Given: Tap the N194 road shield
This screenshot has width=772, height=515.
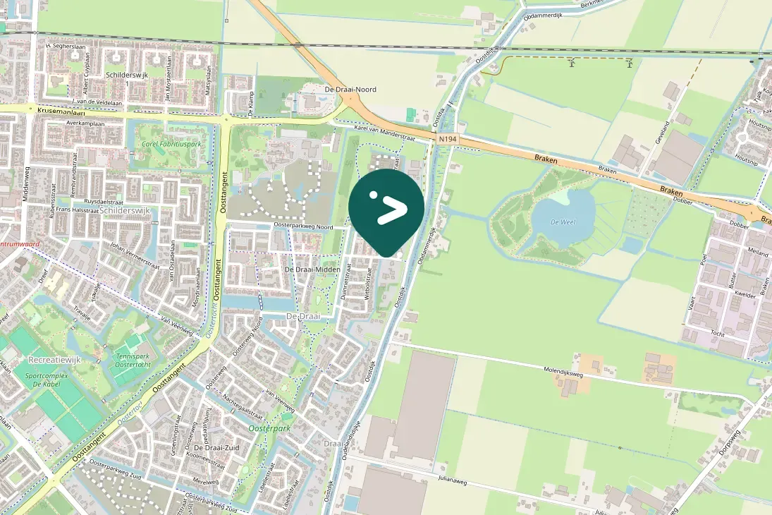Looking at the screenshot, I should (447, 140).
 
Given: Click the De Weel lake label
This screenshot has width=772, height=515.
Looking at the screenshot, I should (563, 222).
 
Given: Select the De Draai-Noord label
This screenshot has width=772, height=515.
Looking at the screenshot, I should (350, 90).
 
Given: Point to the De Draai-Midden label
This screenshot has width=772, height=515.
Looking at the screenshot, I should (312, 269).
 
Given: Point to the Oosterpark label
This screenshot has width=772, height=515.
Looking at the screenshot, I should (269, 428).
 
